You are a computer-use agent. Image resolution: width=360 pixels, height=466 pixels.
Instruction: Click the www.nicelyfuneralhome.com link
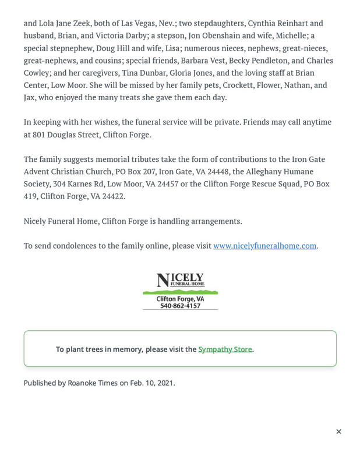click(264, 246)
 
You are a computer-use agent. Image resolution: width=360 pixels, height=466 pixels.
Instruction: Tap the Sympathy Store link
click(225, 349)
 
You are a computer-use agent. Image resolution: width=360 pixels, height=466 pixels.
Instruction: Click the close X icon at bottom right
click(338, 432)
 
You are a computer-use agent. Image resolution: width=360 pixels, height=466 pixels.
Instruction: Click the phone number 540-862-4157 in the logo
click(180, 306)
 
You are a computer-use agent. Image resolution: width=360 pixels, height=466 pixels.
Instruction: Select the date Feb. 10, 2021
click(151, 383)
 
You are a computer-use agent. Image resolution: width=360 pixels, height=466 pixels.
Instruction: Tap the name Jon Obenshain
click(214, 36)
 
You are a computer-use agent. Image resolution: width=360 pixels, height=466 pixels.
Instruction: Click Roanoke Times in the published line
click(93, 383)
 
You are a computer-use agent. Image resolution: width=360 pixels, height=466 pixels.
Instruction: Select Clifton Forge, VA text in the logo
click(180, 299)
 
